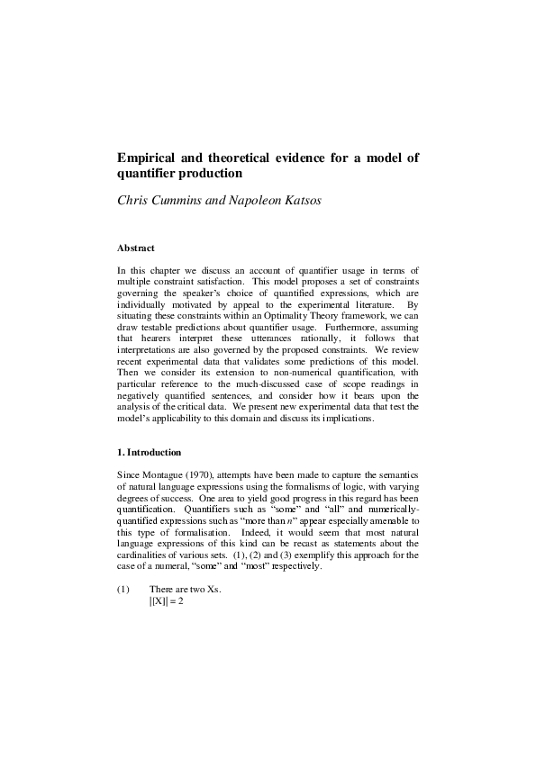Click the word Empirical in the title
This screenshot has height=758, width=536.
(x=149, y=158)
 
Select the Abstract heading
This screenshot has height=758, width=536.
(x=136, y=248)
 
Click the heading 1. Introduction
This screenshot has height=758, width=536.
(x=150, y=452)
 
